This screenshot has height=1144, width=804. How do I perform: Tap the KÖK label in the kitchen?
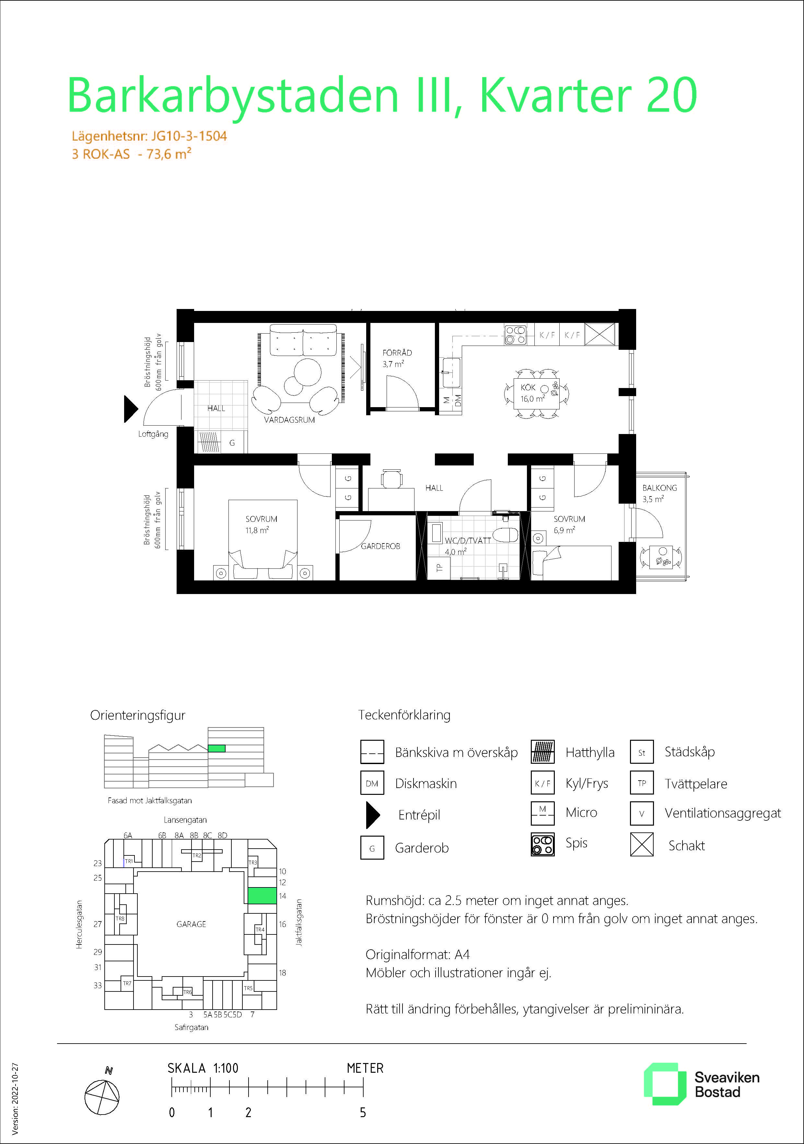point(528,387)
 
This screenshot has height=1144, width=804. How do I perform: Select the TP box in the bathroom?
point(439,567)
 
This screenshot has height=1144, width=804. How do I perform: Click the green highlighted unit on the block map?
point(262,895)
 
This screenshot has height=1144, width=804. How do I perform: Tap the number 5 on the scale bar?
point(363,1113)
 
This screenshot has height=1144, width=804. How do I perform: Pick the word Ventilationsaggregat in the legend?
point(723,813)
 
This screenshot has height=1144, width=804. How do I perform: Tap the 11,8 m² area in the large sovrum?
point(257,530)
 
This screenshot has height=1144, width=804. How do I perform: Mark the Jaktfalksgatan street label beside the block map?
point(299,922)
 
